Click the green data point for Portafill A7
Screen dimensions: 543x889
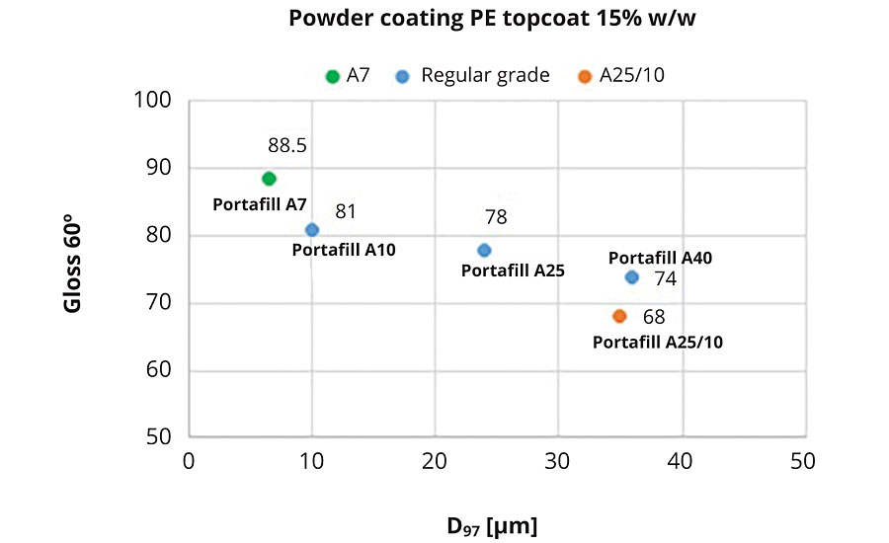[269, 179]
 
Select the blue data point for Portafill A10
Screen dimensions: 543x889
[312, 230]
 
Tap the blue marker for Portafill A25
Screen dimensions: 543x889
[484, 250]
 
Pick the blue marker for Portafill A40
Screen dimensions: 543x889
[632, 277]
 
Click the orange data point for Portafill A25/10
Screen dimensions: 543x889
[619, 316]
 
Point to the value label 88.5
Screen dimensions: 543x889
[287, 145]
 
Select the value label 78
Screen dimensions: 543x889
[496, 217]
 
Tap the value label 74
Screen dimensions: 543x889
[666, 279]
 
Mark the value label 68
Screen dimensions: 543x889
[654, 317]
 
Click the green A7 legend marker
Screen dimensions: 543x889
[334, 76]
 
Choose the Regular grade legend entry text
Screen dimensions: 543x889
[485, 76]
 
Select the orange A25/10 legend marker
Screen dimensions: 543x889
[585, 76]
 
